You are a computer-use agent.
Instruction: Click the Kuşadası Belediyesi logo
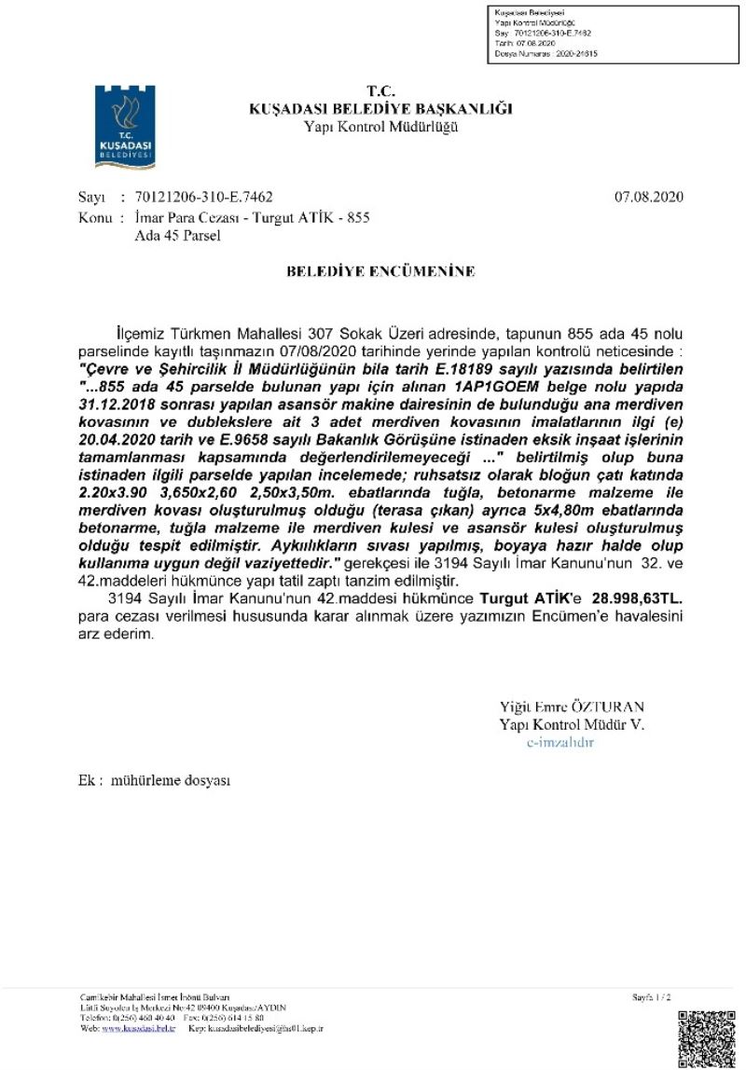(x=125, y=127)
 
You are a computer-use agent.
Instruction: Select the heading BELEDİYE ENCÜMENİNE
(x=380, y=271)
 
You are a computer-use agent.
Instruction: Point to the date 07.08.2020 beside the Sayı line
(x=649, y=197)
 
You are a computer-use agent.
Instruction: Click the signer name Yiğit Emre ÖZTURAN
(x=571, y=706)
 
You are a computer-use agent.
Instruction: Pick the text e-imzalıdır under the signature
(x=560, y=742)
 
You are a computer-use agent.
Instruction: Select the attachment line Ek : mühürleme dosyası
(x=154, y=780)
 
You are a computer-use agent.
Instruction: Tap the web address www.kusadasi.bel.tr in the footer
(x=137, y=1028)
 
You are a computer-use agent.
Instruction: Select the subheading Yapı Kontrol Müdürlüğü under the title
(x=380, y=127)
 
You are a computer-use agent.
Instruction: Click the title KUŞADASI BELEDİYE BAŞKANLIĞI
(x=380, y=109)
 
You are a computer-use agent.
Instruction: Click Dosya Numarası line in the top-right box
(x=546, y=54)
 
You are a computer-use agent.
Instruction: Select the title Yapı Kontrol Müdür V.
(x=571, y=724)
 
